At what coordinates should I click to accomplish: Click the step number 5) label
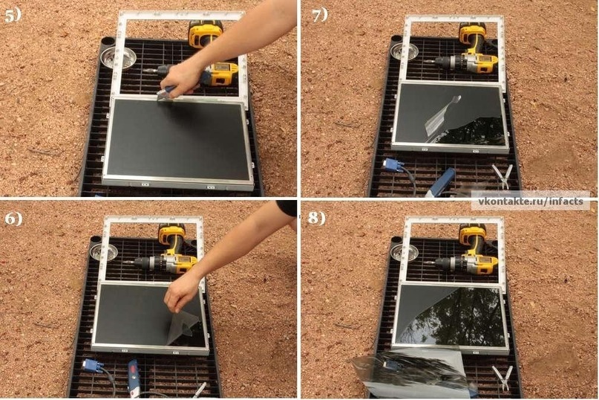13,16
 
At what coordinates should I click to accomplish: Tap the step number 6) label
13,219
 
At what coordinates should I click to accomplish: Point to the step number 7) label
320,16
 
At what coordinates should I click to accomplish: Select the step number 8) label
317,219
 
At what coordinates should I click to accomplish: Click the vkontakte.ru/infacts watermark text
531,201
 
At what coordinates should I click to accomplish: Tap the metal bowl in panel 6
105,251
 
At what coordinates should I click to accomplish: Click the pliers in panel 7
503,176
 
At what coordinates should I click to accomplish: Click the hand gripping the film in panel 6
182,292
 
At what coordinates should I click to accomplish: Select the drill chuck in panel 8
444,263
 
